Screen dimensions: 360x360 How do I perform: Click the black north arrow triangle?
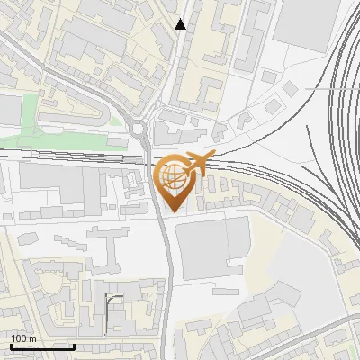pyautogui.click(x=181, y=24)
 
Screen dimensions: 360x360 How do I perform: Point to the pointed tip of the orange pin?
pyautogui.click(x=173, y=211)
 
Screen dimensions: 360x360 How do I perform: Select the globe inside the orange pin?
pyautogui.click(x=173, y=176)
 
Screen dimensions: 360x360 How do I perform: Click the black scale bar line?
pyautogui.click(x=42, y=346)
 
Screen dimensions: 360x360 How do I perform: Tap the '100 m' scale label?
pyautogui.click(x=24, y=338)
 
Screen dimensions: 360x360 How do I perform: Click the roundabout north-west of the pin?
pyautogui.click(x=140, y=129)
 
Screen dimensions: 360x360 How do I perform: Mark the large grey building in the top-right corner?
pyautogui.click(x=306, y=22)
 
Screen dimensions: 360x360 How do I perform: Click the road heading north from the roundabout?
pyautogui.click(x=171, y=63)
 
